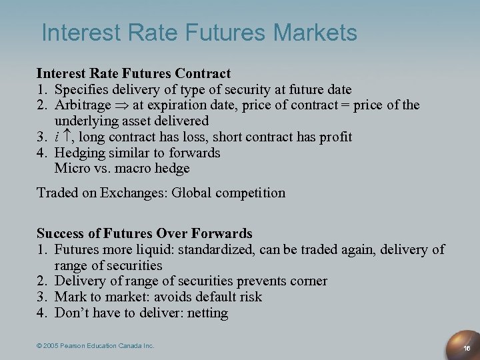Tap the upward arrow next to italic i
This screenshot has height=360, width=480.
tap(68, 136)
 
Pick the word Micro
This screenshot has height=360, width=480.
tap(70, 169)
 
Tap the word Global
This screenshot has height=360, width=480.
tap(191, 193)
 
